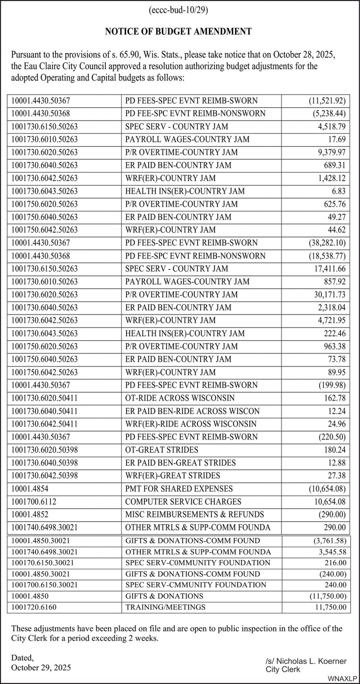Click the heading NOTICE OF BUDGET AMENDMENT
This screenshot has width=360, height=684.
coord(178,32)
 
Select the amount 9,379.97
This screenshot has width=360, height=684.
coord(331,152)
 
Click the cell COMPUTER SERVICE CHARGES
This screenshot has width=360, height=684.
coord(183,501)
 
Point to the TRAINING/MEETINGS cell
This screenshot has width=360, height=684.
coord(165,607)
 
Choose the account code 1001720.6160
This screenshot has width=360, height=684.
coord(34,607)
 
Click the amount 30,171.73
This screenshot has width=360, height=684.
coord(330,294)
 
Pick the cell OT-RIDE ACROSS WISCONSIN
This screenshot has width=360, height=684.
coord(180,398)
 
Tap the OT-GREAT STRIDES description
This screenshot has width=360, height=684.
coord(162,450)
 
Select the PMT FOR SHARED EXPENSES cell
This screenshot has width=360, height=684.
coord(179,489)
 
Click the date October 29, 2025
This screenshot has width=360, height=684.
coord(41,667)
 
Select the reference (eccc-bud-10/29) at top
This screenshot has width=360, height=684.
coord(178,10)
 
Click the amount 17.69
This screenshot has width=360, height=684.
coord(337,139)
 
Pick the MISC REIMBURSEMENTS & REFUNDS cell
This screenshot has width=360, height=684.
coord(194,514)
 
